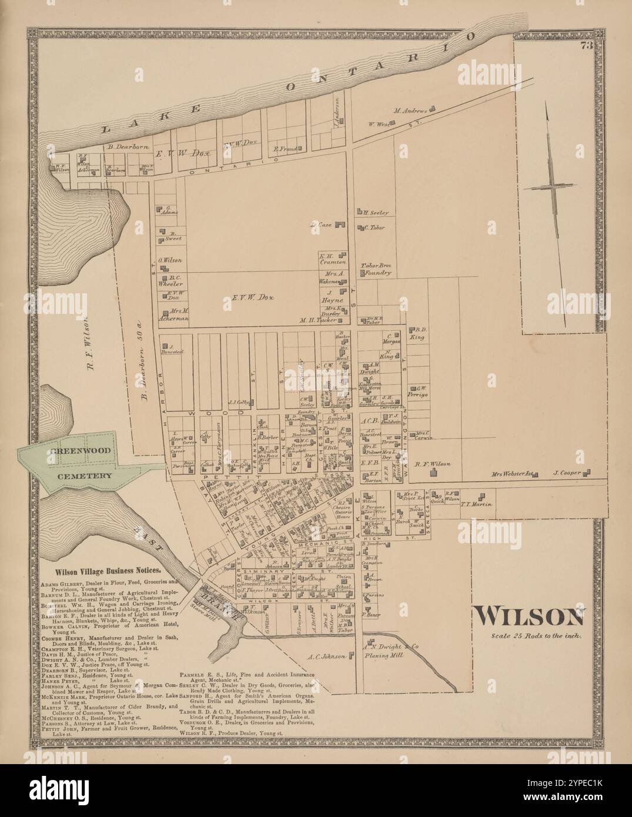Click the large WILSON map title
tap(530, 616)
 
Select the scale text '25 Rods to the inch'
tap(537, 637)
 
